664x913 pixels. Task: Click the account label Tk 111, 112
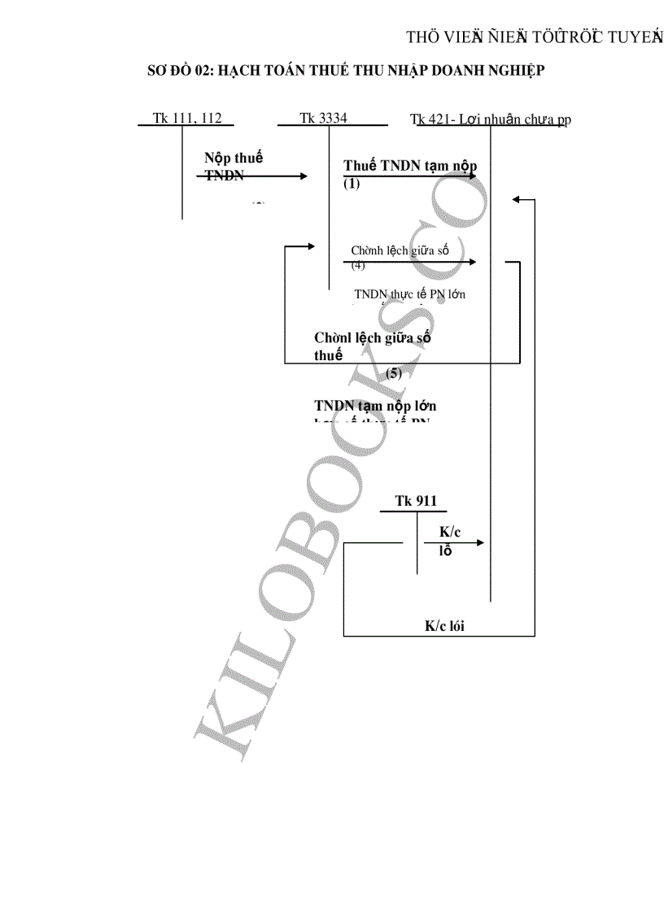click(186, 118)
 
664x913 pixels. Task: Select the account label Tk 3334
click(323, 118)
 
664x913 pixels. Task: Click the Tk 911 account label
click(416, 501)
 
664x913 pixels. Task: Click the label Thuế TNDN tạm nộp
click(410, 166)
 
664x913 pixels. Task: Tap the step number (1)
click(351, 184)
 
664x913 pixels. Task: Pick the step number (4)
click(358, 265)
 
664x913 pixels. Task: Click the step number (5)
click(394, 374)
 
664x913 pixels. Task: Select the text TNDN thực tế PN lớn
click(410, 293)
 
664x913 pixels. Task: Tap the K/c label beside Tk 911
click(450, 532)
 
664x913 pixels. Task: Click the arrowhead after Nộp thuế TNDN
click(304, 176)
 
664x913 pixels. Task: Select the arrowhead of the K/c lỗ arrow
click(481, 542)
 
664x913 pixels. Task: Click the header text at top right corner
click(535, 37)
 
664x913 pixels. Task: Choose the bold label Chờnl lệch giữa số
click(373, 337)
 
